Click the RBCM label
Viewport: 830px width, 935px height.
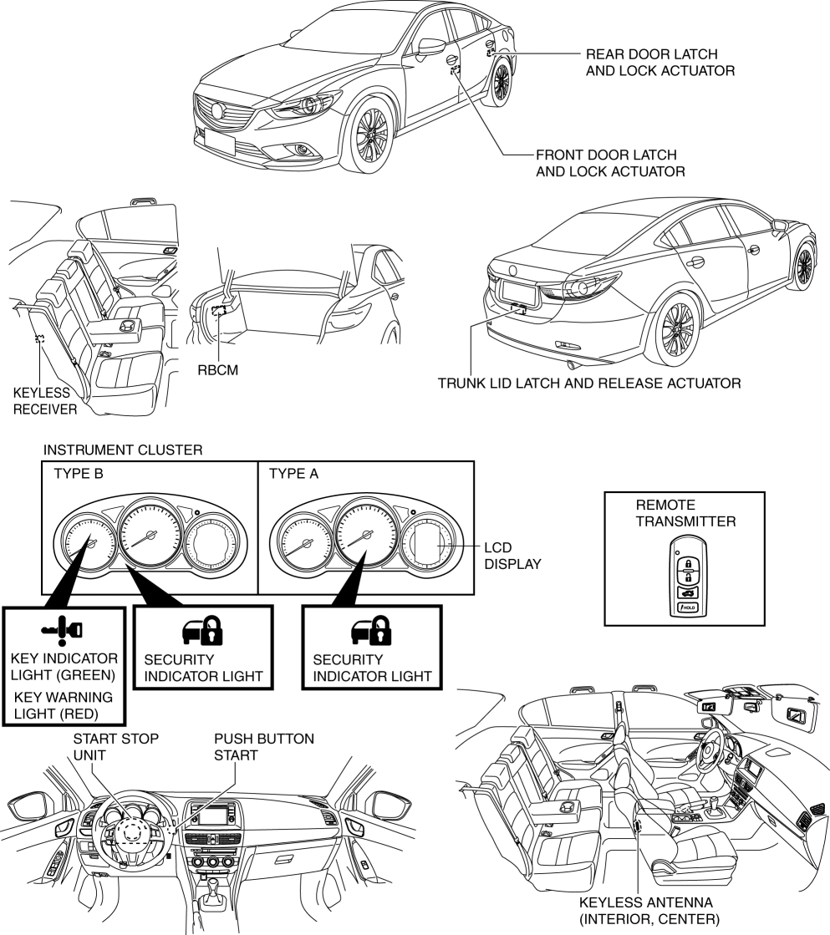click(x=218, y=370)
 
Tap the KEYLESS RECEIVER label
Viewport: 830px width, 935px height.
click(x=45, y=401)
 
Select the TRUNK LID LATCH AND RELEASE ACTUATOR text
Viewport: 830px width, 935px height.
click(x=589, y=384)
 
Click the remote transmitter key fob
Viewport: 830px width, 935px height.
click(x=687, y=577)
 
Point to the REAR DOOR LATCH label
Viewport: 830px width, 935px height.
click(x=652, y=54)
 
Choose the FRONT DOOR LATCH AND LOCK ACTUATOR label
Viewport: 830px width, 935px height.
click(x=610, y=164)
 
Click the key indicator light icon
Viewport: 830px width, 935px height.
click(x=62, y=631)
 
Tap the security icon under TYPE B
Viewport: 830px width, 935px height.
click(x=202, y=631)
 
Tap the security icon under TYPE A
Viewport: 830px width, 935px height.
click(x=371, y=631)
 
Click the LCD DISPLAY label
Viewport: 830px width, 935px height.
click(x=512, y=556)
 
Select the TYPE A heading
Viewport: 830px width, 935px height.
click(x=293, y=474)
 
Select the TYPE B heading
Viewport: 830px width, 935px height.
click(x=79, y=474)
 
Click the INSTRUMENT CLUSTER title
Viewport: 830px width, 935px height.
click(x=123, y=450)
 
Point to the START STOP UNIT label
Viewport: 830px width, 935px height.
click(x=115, y=747)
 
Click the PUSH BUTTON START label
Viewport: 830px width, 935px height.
click(x=264, y=747)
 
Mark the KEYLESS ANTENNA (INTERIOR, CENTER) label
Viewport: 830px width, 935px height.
click(x=649, y=911)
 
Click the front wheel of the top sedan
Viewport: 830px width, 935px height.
click(x=371, y=135)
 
